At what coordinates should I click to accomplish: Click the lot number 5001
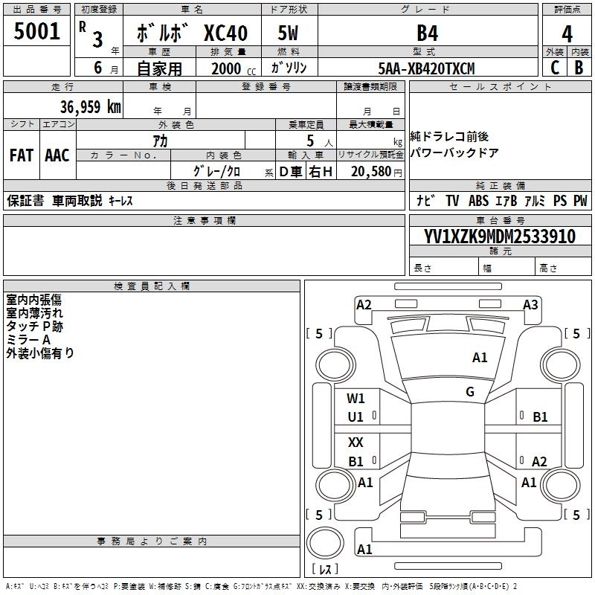tap(37, 32)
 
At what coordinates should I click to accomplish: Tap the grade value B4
tap(428, 33)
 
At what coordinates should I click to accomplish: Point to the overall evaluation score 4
tap(567, 34)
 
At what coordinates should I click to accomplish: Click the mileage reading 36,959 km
tap(90, 106)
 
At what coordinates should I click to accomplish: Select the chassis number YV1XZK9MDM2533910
tap(499, 237)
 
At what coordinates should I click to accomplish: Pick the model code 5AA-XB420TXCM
tap(426, 68)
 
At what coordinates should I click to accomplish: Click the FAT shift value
tap(22, 155)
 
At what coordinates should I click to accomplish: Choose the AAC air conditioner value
tap(57, 155)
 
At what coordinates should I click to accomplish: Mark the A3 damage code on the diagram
tap(530, 304)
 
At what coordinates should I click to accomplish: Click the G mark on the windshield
tap(470, 392)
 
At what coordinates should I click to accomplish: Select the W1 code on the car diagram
tap(356, 398)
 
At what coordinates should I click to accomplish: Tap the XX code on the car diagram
tap(356, 443)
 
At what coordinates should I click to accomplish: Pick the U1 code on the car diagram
tap(356, 417)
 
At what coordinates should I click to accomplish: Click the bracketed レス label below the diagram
tap(325, 570)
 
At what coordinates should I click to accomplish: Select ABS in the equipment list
tap(478, 201)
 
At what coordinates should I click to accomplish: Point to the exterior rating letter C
tap(554, 68)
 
